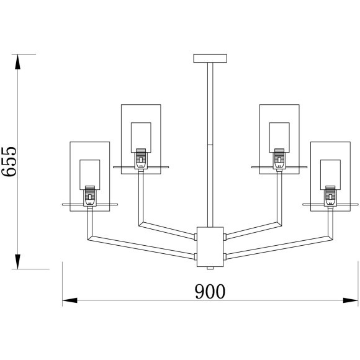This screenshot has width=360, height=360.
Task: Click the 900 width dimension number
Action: click(210, 291)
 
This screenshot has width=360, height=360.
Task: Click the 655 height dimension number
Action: click(9, 161)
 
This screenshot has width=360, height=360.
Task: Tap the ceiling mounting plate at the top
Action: click(210, 58)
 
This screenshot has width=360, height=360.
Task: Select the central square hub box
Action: click(210, 247)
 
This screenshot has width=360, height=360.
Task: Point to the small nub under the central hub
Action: click(210, 268)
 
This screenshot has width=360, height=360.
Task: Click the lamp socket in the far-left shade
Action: click(90, 196)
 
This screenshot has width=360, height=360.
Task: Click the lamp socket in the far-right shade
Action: click(330, 196)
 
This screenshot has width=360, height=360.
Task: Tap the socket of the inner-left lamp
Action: click(141, 159)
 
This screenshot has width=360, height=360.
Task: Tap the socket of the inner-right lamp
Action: click(279, 159)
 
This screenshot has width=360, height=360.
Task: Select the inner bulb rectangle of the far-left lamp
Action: click(90, 174)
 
